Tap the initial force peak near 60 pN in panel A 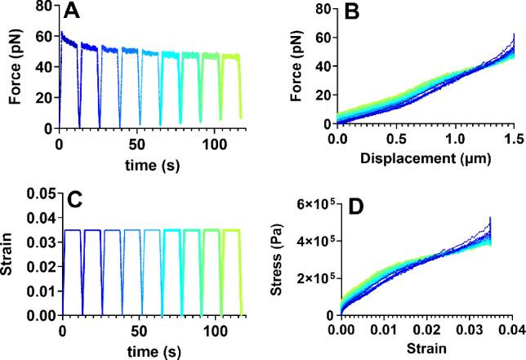(x=62, y=33)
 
